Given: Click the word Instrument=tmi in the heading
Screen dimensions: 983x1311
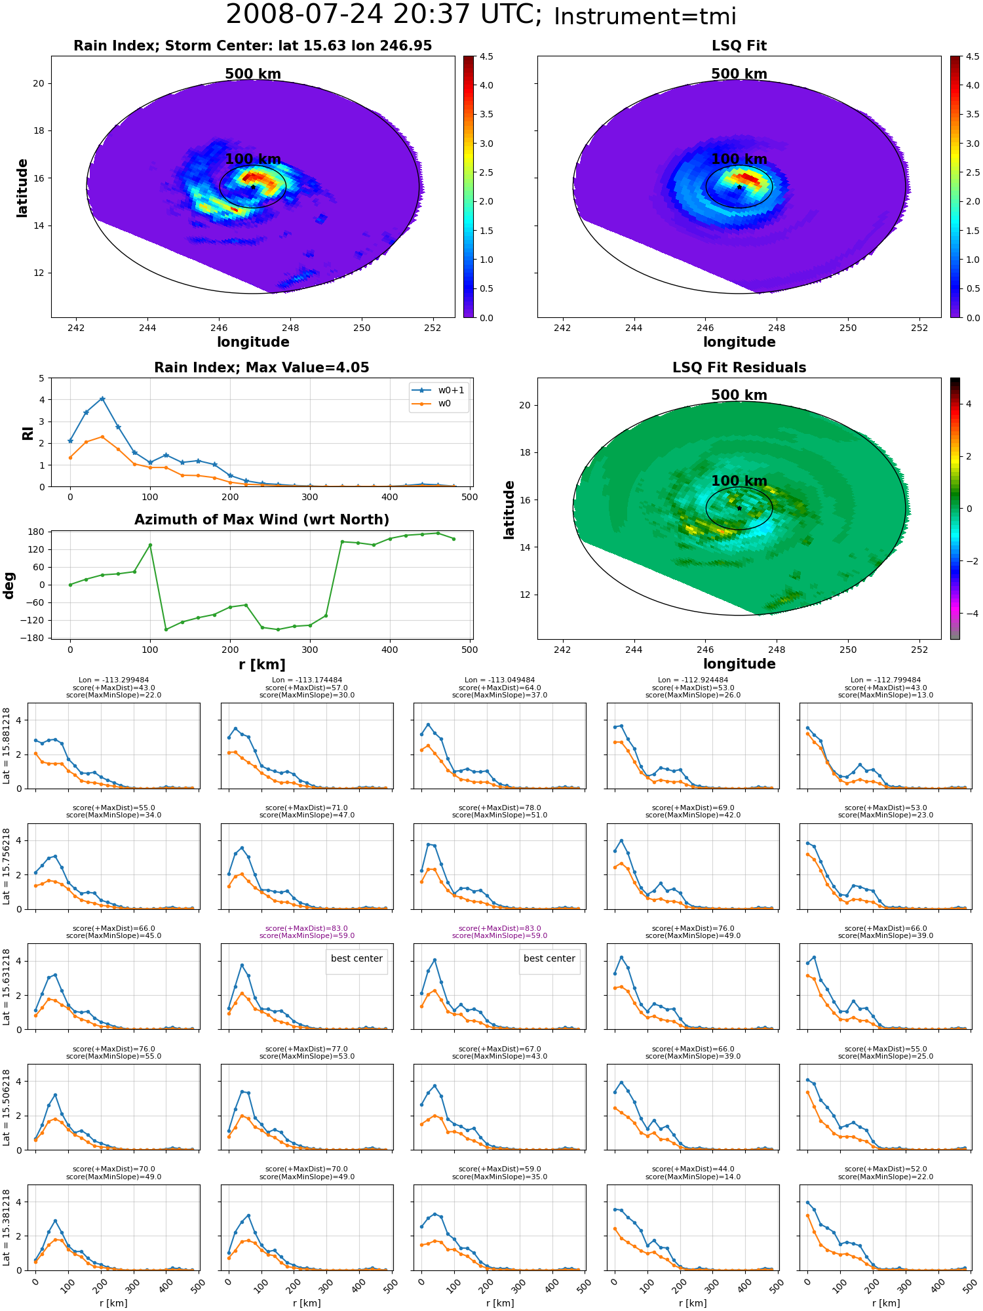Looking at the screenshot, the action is point(645,16).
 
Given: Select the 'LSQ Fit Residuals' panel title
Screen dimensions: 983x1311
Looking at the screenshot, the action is point(739,368).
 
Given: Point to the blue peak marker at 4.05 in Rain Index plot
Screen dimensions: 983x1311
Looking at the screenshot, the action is point(102,399).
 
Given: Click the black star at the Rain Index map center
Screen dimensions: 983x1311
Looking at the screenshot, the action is point(253,187).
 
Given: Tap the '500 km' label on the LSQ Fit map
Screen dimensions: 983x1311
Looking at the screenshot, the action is point(739,74).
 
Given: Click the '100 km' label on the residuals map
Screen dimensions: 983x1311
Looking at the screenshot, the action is point(739,481).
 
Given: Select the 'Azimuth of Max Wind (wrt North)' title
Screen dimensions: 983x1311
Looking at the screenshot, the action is point(261,520).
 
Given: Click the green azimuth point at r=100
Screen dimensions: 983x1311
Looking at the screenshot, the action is point(150,545).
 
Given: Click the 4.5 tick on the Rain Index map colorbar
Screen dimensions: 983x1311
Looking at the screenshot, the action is point(486,56).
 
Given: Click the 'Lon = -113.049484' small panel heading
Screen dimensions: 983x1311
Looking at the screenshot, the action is point(500,680).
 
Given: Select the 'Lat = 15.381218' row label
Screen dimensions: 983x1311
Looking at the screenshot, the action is point(7,1228).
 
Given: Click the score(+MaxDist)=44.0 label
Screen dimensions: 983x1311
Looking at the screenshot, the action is point(693,1169).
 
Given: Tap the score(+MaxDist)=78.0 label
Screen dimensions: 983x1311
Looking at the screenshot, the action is point(500,808).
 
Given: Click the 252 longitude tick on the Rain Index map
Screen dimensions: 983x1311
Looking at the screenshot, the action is point(433,328).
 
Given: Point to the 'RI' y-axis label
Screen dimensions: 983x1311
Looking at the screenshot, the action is point(28,433).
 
